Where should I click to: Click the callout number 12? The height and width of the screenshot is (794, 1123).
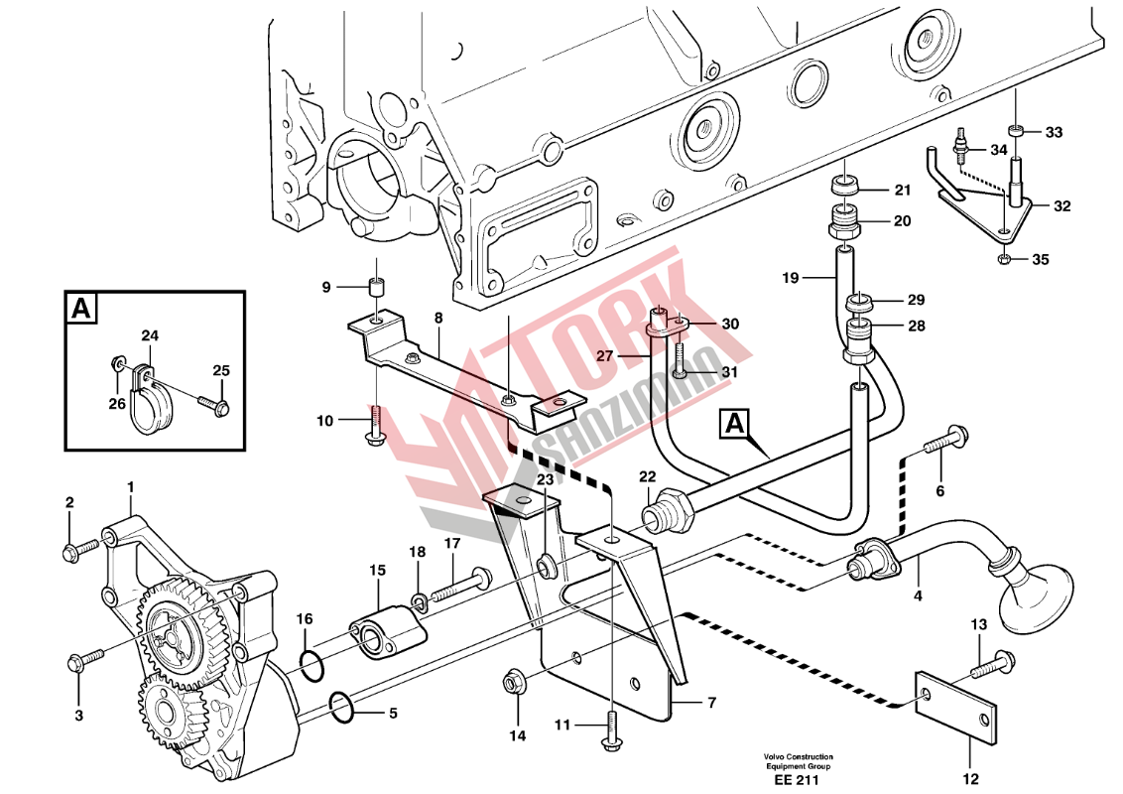(970, 778)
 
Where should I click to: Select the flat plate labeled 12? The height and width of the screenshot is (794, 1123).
(954, 707)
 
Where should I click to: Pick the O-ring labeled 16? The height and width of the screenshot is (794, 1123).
(310, 665)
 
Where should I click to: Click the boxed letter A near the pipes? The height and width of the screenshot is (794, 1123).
(734, 425)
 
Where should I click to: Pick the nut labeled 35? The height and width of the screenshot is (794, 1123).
(1004, 261)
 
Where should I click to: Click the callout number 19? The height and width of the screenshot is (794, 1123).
(790, 279)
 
